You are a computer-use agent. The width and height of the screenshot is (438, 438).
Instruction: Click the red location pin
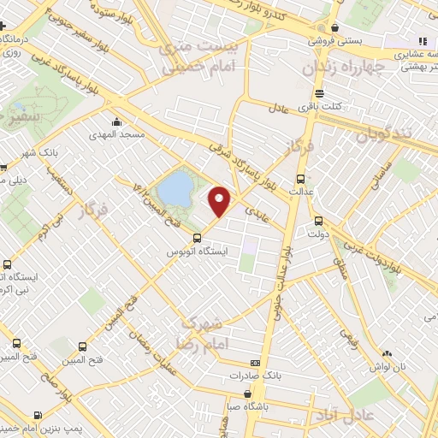221,200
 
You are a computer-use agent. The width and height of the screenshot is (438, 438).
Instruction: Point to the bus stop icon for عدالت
300,179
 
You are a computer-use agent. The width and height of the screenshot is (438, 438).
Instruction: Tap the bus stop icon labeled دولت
317,219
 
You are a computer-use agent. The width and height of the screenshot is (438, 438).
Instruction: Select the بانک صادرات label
254,376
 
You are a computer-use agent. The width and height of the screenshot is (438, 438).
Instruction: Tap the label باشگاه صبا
246,406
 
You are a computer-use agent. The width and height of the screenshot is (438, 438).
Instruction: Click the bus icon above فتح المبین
83,346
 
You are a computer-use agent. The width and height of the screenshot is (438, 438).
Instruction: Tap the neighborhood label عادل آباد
373,416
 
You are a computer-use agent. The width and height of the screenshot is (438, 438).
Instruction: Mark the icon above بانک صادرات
254,364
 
